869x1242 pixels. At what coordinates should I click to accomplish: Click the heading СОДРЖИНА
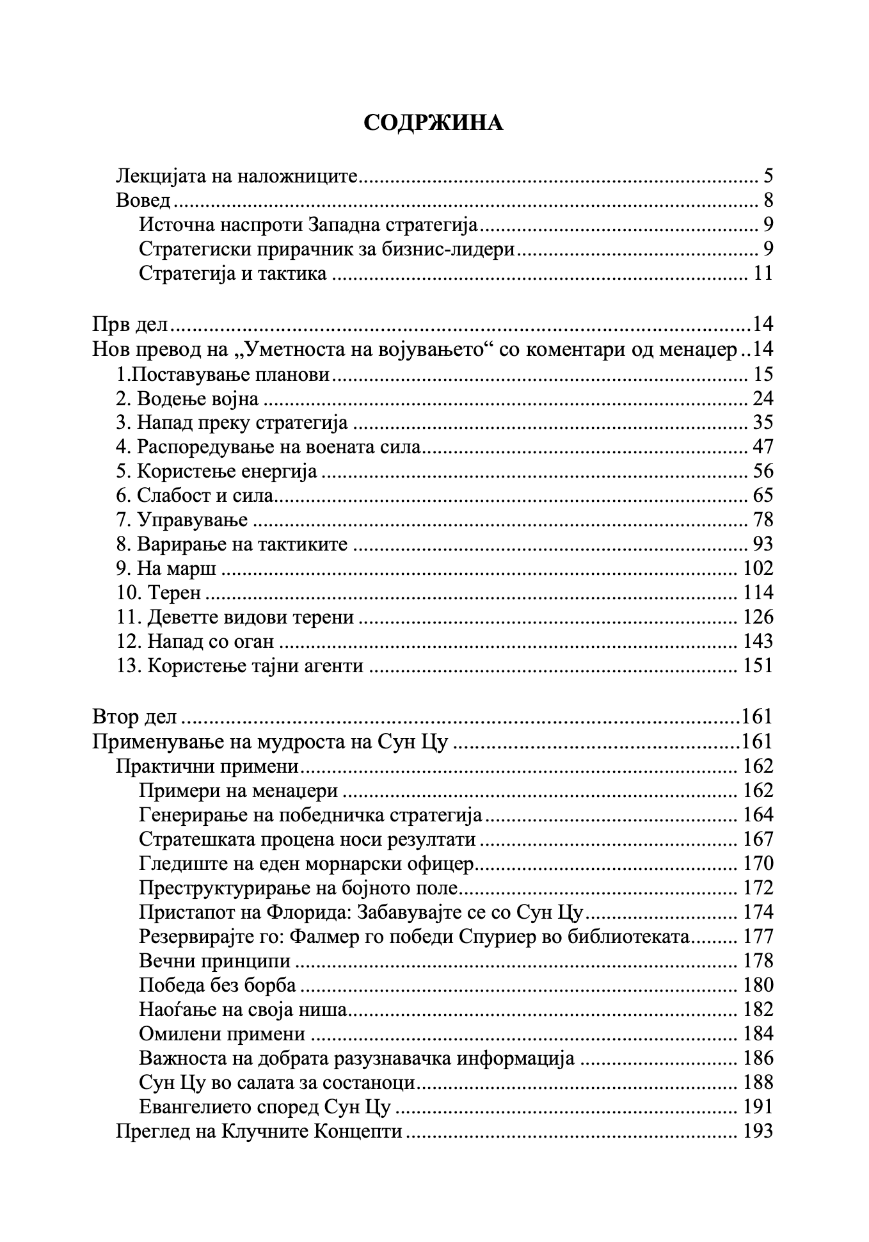click(x=433, y=123)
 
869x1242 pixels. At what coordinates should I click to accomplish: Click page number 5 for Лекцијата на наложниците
click(x=768, y=176)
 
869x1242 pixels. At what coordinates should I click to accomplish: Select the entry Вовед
click(x=143, y=200)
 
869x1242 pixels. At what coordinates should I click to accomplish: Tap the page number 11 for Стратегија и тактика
click(x=763, y=274)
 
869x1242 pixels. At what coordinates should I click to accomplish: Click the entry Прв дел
click(x=130, y=324)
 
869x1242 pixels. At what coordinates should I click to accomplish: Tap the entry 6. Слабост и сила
click(x=195, y=496)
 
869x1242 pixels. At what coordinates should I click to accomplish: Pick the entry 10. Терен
click(x=159, y=593)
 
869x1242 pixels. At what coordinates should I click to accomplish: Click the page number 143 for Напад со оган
click(x=758, y=641)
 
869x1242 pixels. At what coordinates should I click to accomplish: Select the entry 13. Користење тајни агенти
click(x=240, y=666)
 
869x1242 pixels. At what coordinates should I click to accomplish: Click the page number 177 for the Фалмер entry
click(x=758, y=937)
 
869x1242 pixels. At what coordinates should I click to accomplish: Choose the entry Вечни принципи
click(x=214, y=961)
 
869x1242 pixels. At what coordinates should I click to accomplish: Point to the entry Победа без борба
click(x=217, y=985)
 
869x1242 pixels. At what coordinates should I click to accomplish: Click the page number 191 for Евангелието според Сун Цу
click(x=758, y=1107)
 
